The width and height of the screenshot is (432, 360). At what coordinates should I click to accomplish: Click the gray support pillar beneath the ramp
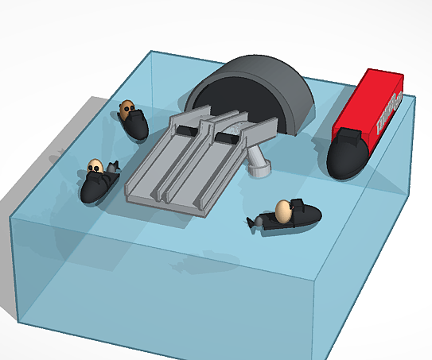click(x=256, y=156)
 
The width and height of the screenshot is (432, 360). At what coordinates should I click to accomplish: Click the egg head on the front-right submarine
click(x=282, y=211)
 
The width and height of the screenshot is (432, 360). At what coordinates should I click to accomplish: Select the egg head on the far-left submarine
click(x=95, y=167)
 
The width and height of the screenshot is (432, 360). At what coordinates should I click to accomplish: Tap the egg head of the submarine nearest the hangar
click(x=126, y=107)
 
